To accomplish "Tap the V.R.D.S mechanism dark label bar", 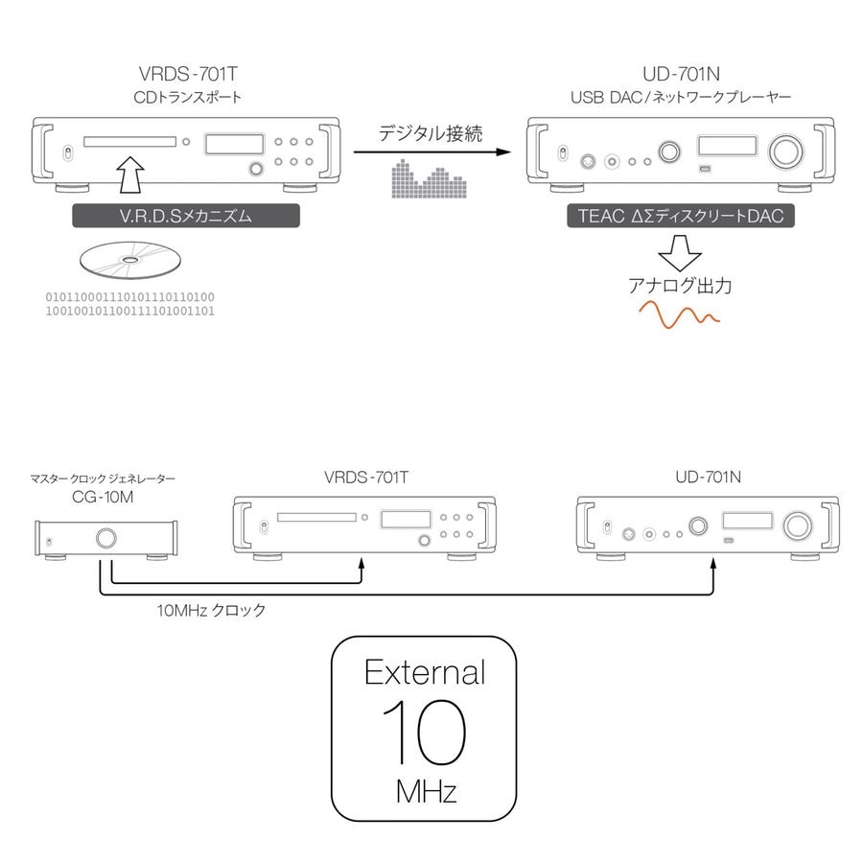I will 186,216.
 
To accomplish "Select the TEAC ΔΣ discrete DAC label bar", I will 680,216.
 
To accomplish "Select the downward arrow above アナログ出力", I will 680,253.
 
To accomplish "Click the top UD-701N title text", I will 680,74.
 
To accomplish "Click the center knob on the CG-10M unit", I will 105,538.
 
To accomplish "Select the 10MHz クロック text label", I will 211,609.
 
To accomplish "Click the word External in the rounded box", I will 424,671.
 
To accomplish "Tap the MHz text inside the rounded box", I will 425,792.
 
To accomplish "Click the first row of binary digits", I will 130,296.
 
